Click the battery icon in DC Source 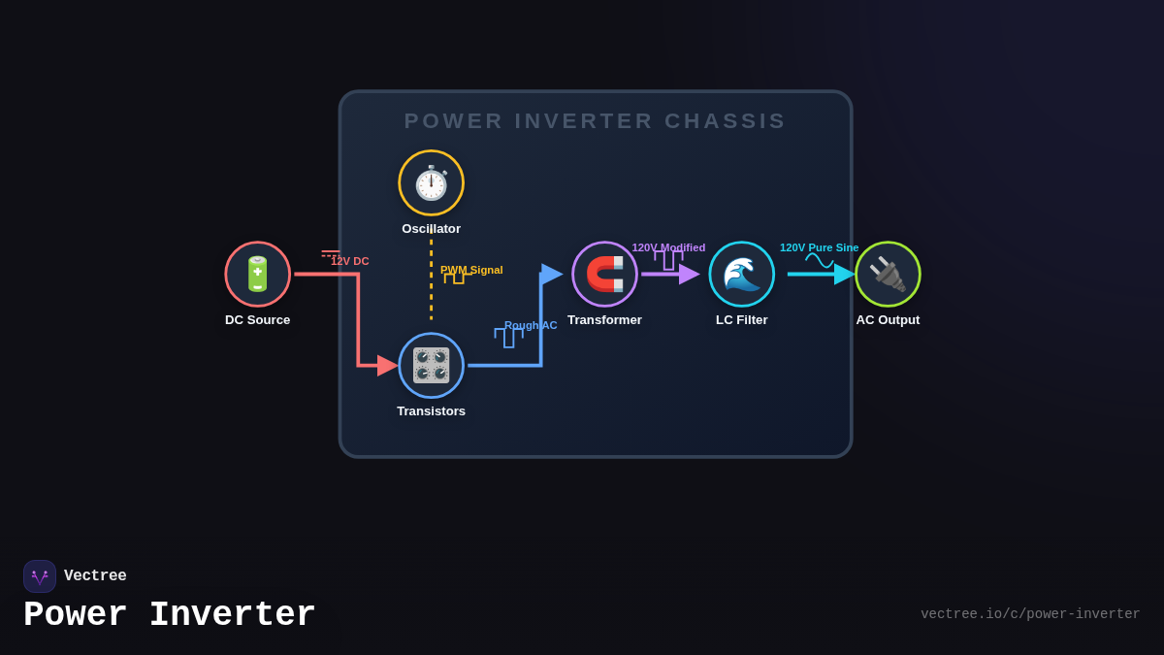pos(257,274)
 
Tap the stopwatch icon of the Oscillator pos(432,183)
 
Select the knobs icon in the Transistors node pos(432,366)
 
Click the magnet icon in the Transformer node pos(605,274)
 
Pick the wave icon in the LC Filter pos(741,274)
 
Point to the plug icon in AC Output pos(889,274)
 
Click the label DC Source pos(258,319)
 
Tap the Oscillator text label pos(432,229)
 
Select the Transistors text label pos(432,411)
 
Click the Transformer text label pos(605,319)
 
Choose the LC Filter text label pos(741,319)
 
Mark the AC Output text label pos(889,319)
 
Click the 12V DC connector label pos(350,261)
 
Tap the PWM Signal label pos(471,270)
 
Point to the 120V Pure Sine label pos(819,247)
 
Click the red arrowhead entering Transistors pos(388,366)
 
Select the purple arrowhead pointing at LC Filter pos(690,274)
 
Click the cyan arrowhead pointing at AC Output pos(845,274)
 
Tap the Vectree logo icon pos(40,576)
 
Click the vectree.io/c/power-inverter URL pos(1030,614)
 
